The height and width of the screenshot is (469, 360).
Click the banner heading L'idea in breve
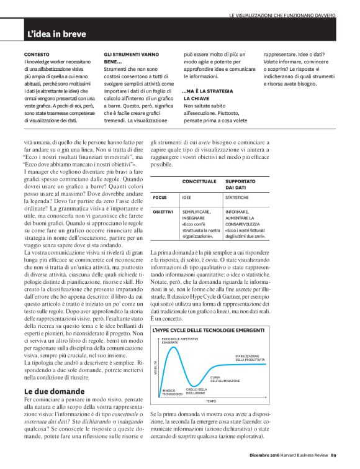pyautogui.click(x=56, y=34)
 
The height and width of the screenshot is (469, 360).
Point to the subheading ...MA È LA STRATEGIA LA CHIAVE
pyautogui.click(x=207, y=94)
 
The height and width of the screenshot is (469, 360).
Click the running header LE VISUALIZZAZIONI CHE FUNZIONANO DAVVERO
pyautogui.click(x=282, y=14)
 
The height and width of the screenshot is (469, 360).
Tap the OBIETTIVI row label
pyautogui.click(x=164, y=212)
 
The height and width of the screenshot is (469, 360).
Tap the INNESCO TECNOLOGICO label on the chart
pyautogui.click(x=173, y=393)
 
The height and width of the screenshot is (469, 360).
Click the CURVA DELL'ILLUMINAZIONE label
pyautogui.click(x=225, y=378)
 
